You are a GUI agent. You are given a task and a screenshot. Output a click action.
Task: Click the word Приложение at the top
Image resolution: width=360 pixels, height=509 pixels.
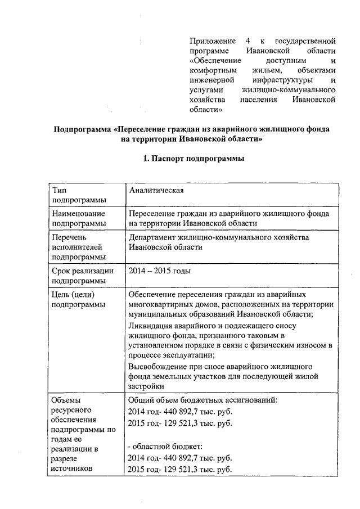click(211, 42)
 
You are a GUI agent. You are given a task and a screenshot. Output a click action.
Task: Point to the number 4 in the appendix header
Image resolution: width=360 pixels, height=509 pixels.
click(247, 42)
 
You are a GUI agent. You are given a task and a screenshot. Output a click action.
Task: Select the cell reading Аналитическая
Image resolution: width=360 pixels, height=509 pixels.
click(157, 191)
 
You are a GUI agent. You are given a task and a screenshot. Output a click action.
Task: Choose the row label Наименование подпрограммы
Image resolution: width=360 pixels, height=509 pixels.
click(78, 219)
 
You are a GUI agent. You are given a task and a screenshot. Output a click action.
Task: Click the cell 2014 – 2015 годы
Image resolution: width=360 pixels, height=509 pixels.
click(159, 271)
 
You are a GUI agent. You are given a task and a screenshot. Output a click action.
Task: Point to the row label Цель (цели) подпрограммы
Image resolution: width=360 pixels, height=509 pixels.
click(78, 299)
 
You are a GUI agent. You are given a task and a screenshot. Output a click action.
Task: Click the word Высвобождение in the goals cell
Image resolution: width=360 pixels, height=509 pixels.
click(157, 366)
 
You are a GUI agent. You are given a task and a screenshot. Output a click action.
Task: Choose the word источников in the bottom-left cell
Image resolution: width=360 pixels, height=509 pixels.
click(75, 468)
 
